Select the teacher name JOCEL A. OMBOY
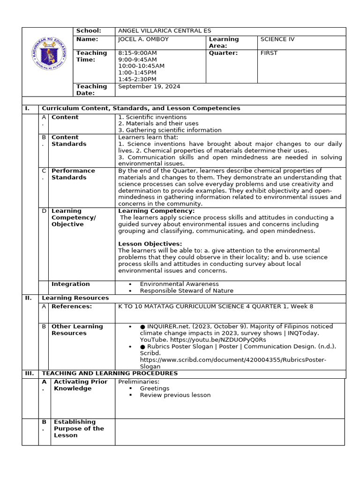point(143,39)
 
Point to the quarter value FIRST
point(269,53)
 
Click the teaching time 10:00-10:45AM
point(141,66)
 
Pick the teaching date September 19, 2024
point(149,87)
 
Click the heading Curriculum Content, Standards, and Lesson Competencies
point(141,109)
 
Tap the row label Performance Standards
point(73,174)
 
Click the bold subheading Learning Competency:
point(156,211)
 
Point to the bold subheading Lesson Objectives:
point(150,244)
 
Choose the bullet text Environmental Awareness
point(179,284)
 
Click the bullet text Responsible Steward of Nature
point(187,291)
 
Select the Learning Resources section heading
point(75,298)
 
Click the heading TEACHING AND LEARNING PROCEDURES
point(110,374)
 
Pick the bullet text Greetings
point(155,389)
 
